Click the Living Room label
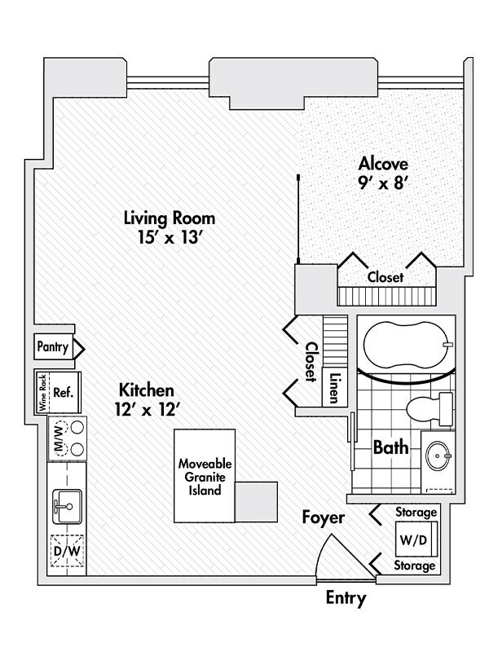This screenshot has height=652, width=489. click(170, 218)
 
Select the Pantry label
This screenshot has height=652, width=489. click(53, 347)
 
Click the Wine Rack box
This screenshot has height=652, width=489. click(41, 392)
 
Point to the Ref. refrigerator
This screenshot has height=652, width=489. click(64, 392)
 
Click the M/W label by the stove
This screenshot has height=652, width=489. click(57, 438)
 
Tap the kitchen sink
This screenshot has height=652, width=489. click(65, 507)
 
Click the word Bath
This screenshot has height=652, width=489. click(390, 447)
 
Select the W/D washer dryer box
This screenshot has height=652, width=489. click(416, 539)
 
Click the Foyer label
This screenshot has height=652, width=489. click(324, 518)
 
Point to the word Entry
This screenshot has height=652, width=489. click(346, 597)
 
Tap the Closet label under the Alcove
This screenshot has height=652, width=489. click(385, 277)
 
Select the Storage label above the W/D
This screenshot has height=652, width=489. click(416, 513)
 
